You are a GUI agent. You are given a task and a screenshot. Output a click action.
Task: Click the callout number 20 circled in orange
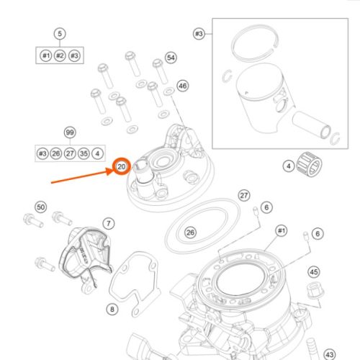[121, 166]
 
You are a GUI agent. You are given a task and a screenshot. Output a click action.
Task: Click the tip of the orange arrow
[114, 170]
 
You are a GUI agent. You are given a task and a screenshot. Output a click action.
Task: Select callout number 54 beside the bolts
[171, 58]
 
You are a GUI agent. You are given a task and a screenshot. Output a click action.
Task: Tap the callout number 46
[183, 86]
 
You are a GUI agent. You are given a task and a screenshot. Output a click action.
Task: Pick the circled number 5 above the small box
[60, 34]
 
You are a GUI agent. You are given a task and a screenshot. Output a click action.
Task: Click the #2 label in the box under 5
[60, 55]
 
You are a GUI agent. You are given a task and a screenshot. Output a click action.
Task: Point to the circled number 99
[70, 132]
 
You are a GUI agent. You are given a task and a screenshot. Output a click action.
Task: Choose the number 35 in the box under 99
[84, 153]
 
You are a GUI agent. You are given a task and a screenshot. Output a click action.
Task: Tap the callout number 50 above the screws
[41, 207]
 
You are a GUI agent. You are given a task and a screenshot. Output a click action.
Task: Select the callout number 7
[109, 224]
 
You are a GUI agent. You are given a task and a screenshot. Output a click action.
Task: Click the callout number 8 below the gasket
[112, 309]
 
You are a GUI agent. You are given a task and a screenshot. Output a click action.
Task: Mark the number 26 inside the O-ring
[191, 233]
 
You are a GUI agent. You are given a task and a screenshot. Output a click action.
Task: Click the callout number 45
[314, 272]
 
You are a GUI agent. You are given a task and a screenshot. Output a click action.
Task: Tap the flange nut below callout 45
[315, 291]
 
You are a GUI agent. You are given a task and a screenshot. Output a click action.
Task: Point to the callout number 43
[330, 354]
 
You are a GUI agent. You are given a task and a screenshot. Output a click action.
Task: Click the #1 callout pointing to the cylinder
[282, 231]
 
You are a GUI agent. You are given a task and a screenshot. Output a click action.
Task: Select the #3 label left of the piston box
[199, 34]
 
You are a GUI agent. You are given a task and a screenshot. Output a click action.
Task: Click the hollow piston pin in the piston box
[312, 125]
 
